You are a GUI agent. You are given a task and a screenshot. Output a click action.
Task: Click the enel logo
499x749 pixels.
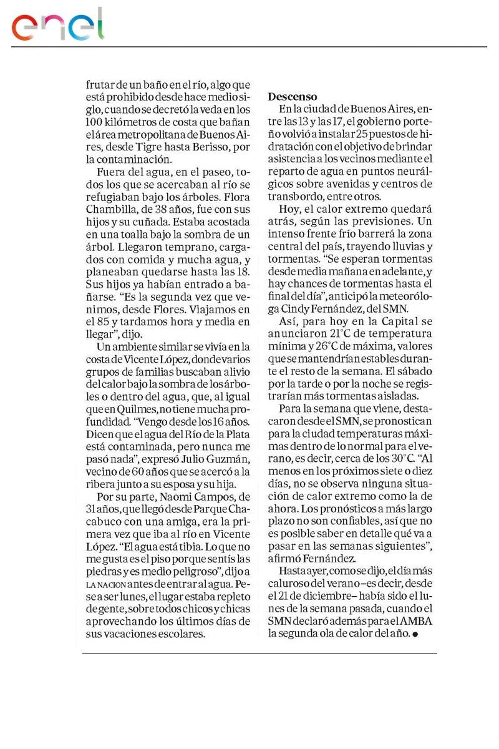(57, 26)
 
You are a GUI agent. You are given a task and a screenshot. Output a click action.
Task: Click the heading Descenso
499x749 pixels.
(293, 97)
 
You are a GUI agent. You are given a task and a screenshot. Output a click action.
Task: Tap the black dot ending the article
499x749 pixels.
(415, 634)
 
